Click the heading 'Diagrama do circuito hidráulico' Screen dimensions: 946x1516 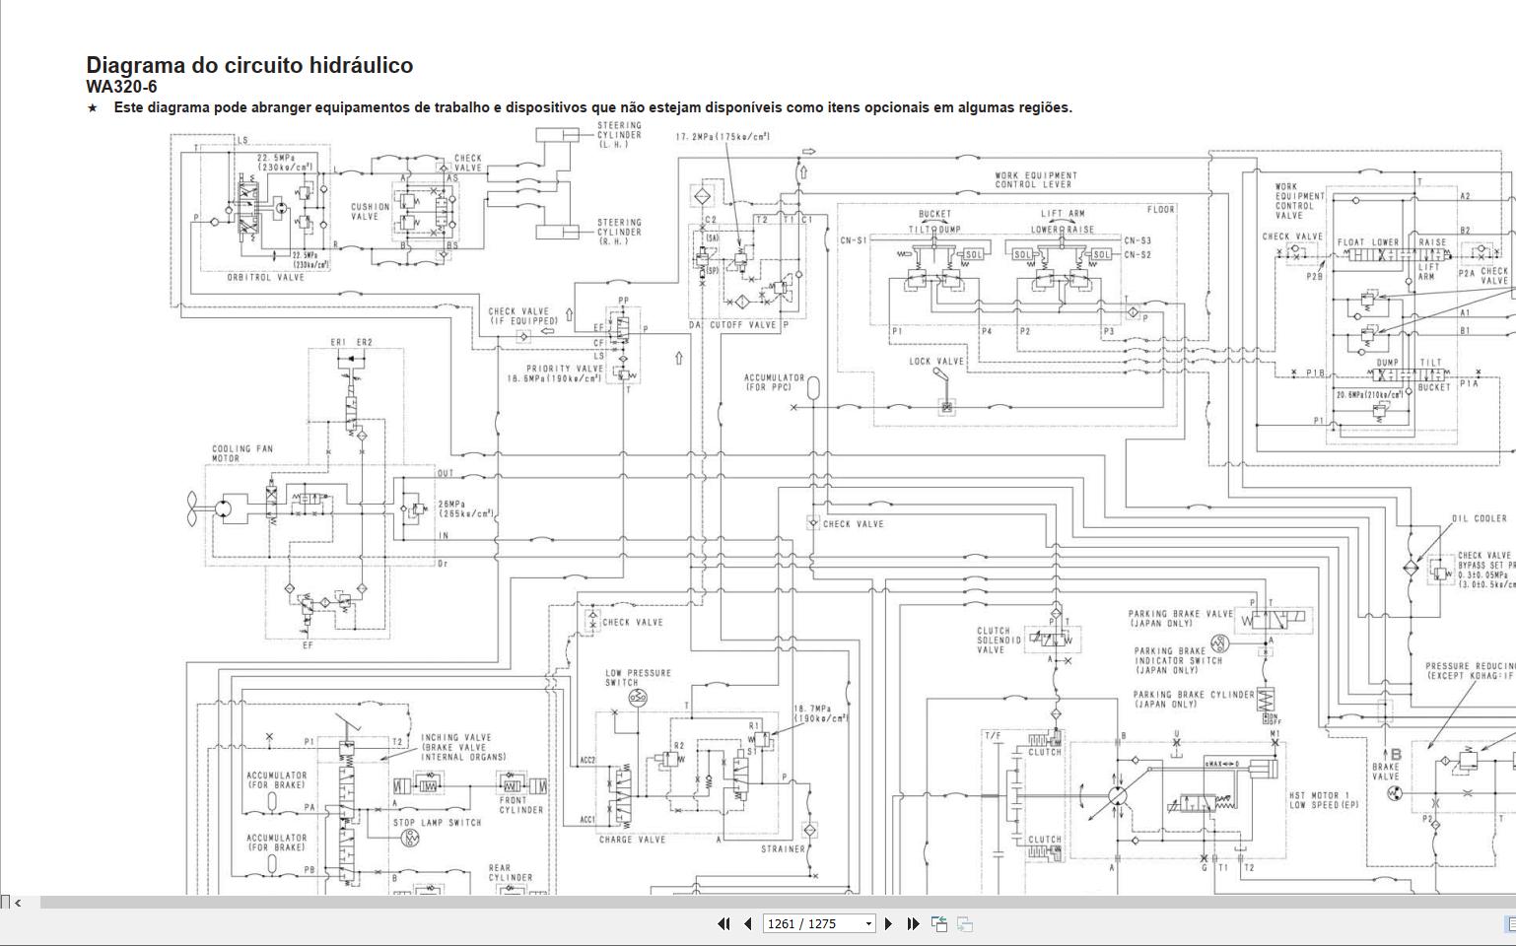coord(249,65)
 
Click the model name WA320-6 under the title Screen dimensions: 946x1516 coord(121,87)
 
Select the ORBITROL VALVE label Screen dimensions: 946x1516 coord(266,278)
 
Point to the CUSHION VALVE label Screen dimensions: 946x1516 coord(371,212)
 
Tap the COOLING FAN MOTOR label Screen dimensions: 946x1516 coord(242,453)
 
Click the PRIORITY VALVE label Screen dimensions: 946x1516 coord(564,369)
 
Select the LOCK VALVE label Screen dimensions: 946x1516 coord(935,362)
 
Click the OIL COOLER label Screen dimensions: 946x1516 coord(1479,519)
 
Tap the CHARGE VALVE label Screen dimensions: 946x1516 coord(632,840)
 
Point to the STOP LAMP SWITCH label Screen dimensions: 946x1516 coord(437,823)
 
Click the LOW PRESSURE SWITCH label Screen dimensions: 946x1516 coord(638,678)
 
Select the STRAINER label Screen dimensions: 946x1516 coord(783,849)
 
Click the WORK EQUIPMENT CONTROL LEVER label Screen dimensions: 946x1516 coord(1035,180)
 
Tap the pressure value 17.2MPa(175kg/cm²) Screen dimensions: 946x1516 coord(723,137)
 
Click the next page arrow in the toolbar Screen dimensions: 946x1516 coord(888,924)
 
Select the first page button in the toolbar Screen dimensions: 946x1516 coord(724,924)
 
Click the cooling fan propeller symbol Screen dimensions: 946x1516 coord(191,507)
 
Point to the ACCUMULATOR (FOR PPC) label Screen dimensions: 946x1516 coord(774,382)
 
